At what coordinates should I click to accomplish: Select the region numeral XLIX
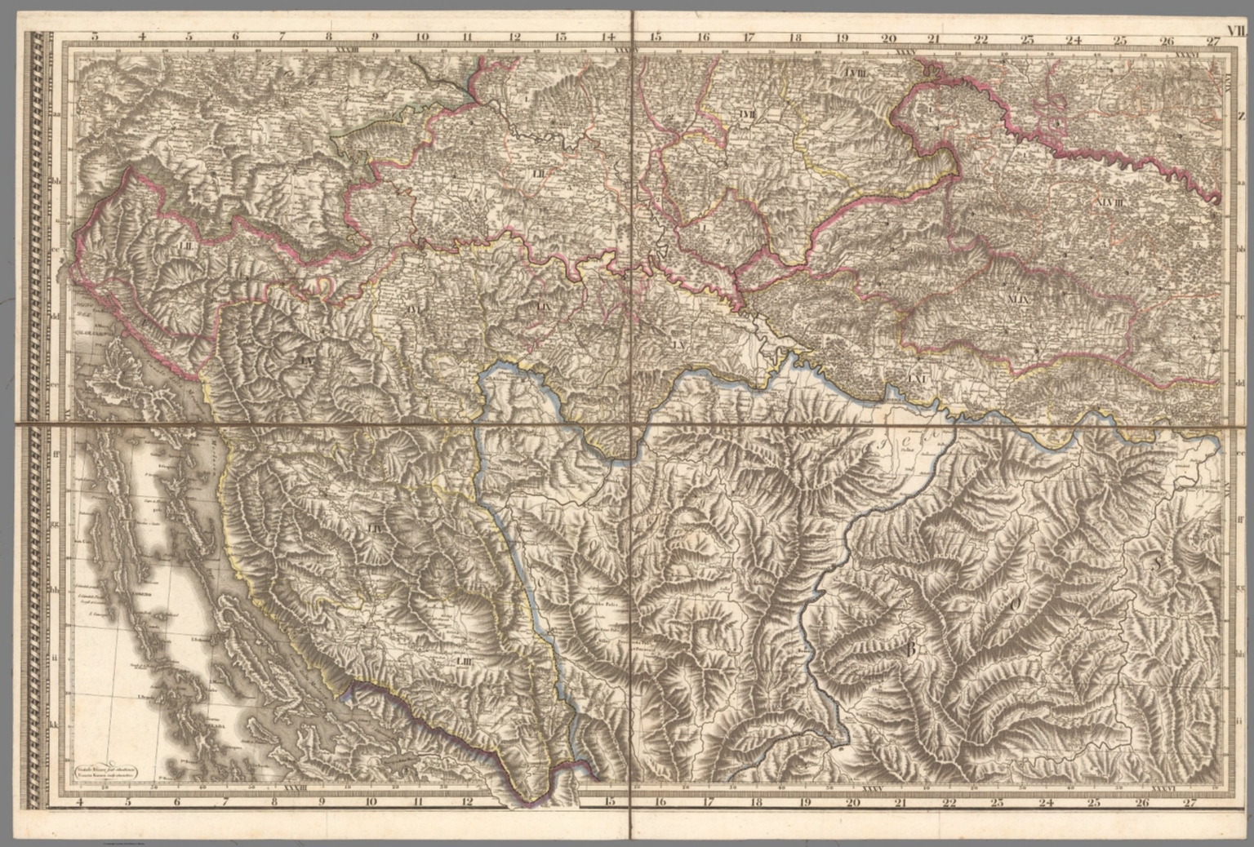1021,299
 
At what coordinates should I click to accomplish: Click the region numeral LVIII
860,73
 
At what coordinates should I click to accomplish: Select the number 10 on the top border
422,37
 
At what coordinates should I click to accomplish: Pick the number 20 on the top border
888,37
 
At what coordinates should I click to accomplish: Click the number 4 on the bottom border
80,802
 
